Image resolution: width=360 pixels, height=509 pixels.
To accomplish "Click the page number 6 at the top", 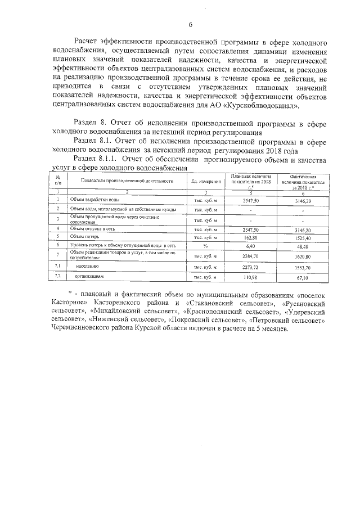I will coord(191,24).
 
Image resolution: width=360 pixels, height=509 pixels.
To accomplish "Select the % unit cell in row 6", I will coord(205,246).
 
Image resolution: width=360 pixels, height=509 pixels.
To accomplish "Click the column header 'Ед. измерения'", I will coord(205,181).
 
